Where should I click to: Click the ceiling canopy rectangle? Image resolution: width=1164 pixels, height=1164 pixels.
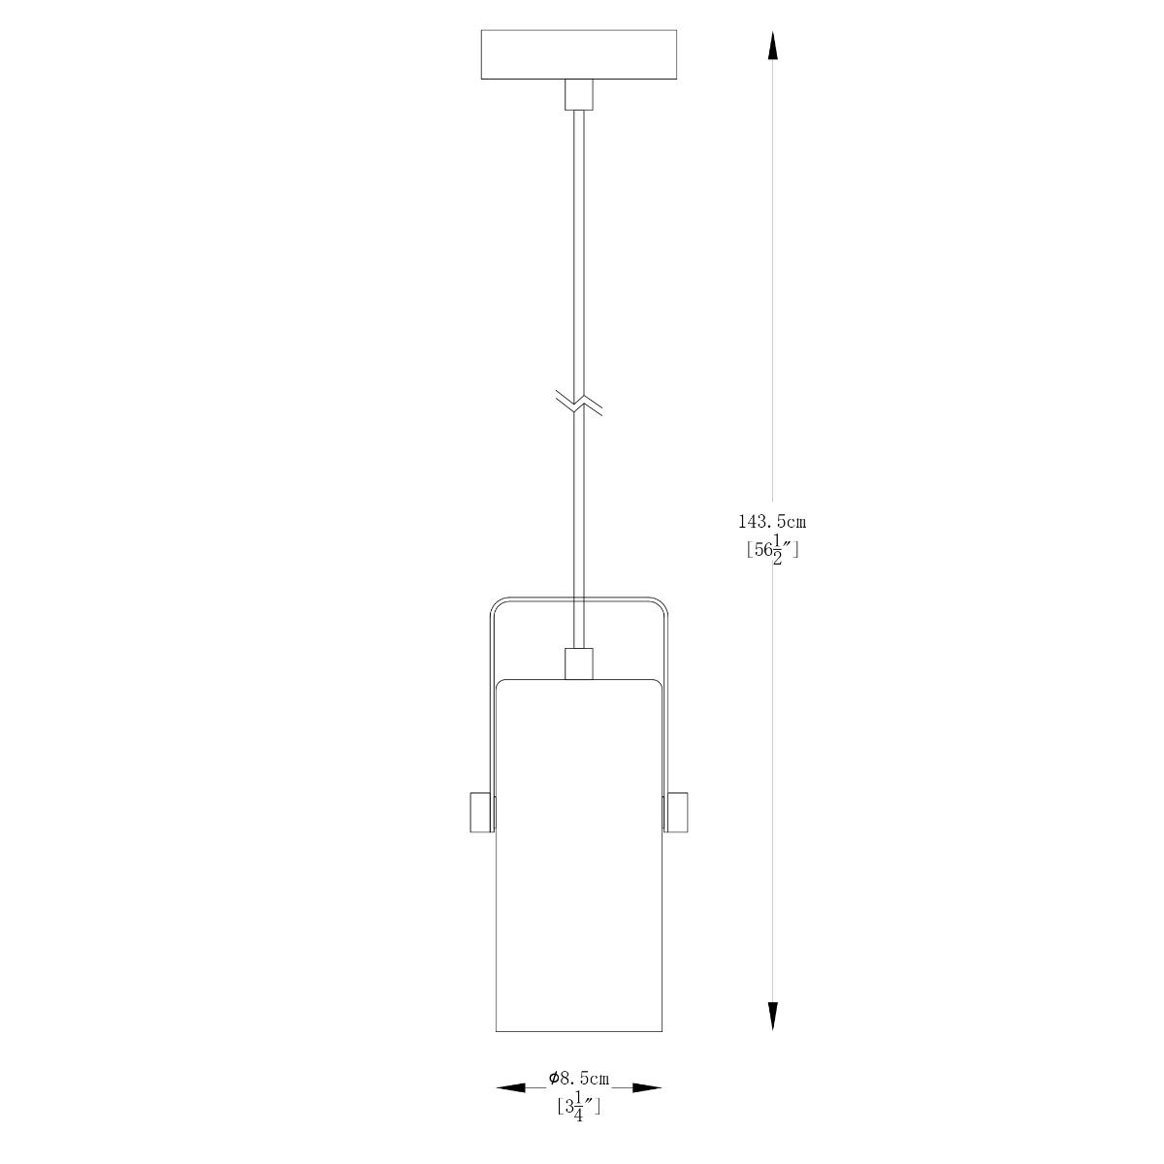click(x=578, y=54)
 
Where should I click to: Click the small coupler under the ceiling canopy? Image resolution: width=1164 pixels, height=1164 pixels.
click(x=579, y=95)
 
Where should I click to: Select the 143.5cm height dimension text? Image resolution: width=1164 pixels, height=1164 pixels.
click(x=772, y=522)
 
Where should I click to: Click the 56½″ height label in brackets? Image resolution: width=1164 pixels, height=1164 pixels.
click(x=772, y=551)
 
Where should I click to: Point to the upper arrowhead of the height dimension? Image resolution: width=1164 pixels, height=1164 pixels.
click(x=772, y=46)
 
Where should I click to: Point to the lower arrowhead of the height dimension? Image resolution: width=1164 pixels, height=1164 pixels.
click(x=772, y=1016)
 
